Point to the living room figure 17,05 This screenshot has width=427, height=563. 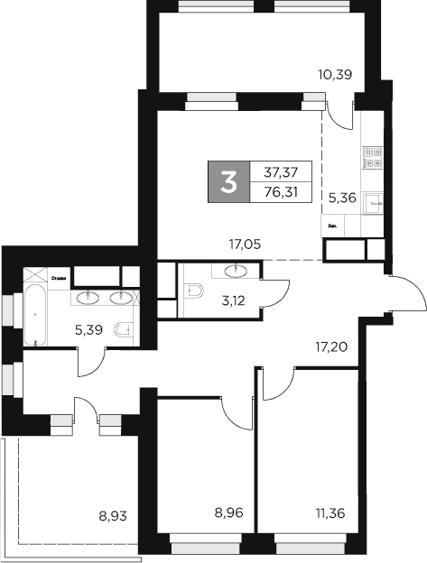[246, 243]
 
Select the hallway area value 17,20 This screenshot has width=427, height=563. [331, 344]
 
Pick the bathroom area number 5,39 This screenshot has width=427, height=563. [89, 329]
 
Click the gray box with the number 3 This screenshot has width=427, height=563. [229, 181]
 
